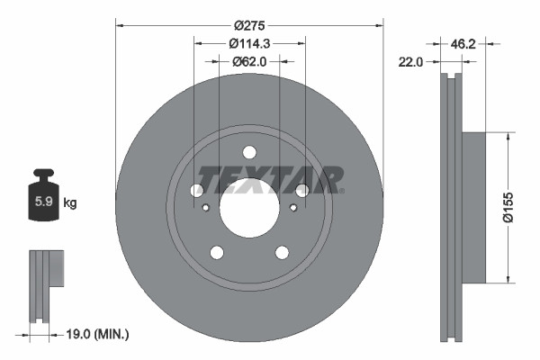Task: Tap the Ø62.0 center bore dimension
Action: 249,62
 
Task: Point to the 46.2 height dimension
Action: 462,42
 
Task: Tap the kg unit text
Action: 69,203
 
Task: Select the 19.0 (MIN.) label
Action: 99,334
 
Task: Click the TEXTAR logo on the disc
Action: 270,180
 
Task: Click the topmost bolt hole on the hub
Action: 249,151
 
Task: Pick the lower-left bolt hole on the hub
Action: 217,252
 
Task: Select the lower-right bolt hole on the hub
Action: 282,252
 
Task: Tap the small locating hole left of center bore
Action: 206,209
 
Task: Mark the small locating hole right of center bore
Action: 293,209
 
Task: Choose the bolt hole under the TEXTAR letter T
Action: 197,190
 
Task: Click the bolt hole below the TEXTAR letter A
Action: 302,190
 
